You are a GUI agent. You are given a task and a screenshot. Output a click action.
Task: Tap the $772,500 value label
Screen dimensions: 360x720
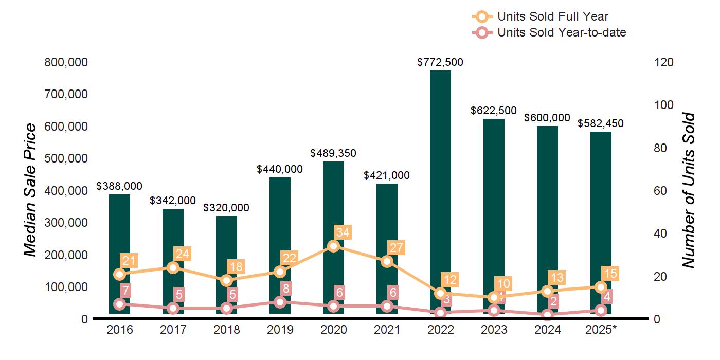pyautogui.click(x=440, y=63)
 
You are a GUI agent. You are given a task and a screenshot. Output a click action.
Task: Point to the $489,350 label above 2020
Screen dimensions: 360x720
pyautogui.click(x=333, y=153)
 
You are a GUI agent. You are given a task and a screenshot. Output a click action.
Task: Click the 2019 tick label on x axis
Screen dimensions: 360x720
pyautogui.click(x=280, y=330)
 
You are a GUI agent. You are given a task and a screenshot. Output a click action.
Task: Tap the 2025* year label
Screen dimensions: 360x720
pyautogui.click(x=600, y=330)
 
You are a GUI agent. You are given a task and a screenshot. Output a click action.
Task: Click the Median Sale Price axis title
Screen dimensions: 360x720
pyautogui.click(x=31, y=190)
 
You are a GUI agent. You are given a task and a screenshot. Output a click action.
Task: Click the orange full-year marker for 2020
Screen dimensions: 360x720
pyautogui.click(x=333, y=246)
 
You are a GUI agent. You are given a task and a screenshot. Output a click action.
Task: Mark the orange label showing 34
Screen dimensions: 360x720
pyautogui.click(x=343, y=232)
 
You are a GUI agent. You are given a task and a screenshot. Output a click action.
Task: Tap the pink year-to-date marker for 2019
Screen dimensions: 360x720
pyautogui.click(x=280, y=302)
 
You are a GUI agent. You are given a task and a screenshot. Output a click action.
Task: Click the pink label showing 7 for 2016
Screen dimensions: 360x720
pyautogui.click(x=126, y=290)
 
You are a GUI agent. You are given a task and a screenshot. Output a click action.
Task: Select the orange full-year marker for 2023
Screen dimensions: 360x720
pyautogui.click(x=494, y=297)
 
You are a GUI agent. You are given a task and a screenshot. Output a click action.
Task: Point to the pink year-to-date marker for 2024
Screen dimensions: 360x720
pyautogui.click(x=547, y=315)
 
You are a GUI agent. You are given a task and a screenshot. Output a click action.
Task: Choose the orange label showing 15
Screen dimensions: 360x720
pyautogui.click(x=610, y=273)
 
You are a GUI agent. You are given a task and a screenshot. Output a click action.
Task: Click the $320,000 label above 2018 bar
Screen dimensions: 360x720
pyautogui.click(x=226, y=208)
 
